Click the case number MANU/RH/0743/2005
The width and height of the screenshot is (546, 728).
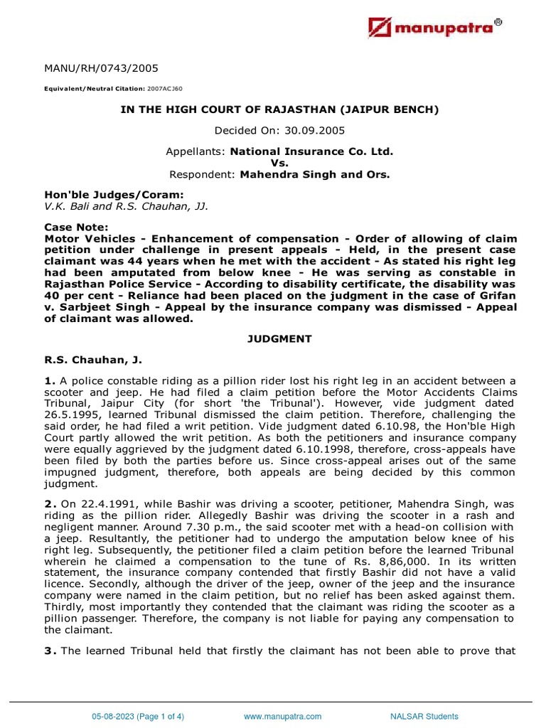tap(101, 69)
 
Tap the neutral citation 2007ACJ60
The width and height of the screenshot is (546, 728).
tap(166, 90)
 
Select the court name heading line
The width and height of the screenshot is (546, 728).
tap(273, 109)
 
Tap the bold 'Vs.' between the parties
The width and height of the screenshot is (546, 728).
tap(274, 163)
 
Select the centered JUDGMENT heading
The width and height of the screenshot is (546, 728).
tap(273, 339)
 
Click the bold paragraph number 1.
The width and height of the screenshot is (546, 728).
tap(49, 382)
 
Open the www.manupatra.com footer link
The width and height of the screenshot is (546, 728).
tap(282, 717)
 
